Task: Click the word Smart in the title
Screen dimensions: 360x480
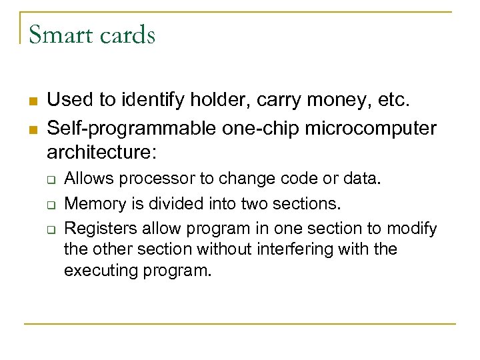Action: (59, 34)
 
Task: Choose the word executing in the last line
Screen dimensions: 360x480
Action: (97, 271)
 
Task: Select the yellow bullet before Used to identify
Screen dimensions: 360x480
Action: (32, 101)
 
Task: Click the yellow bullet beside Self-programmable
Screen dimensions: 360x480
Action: (32, 127)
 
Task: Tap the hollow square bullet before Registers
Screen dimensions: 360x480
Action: (50, 229)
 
